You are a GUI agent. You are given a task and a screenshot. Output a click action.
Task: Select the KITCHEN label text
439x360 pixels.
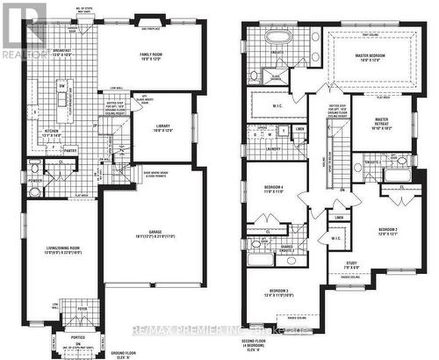[x=48, y=132]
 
